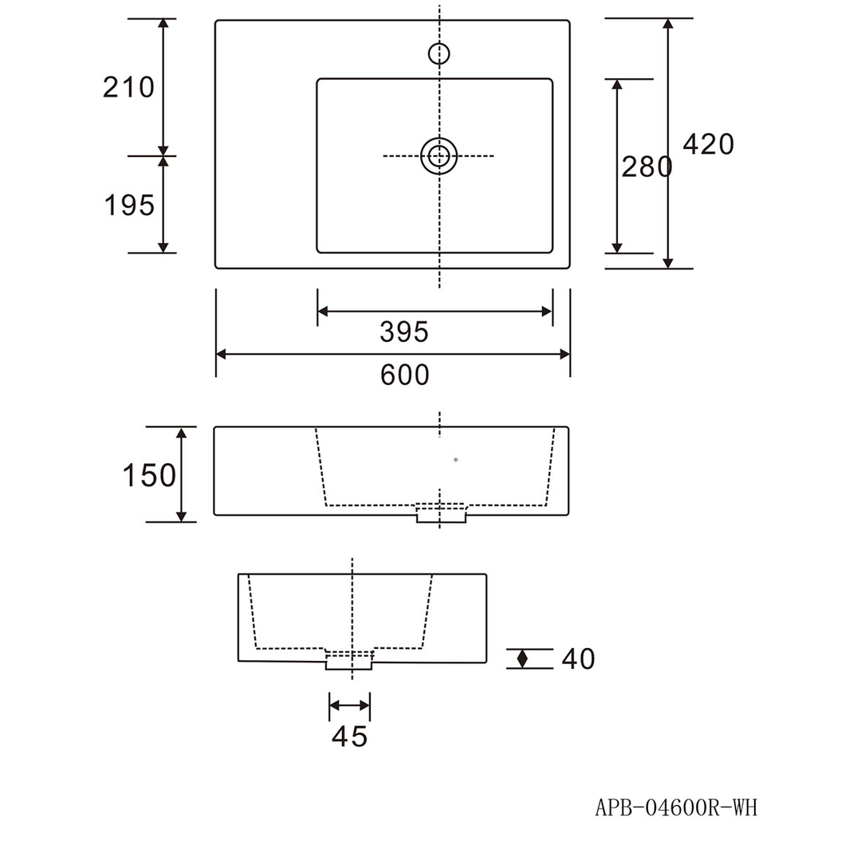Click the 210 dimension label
point(128,88)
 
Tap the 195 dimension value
point(130,206)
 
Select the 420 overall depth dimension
point(709,144)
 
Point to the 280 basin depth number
point(647,167)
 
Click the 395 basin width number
point(404,332)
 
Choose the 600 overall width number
point(405,375)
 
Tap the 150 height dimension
point(149,475)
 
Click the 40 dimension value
point(578,659)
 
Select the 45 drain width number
point(350,737)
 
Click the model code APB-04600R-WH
point(676,808)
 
